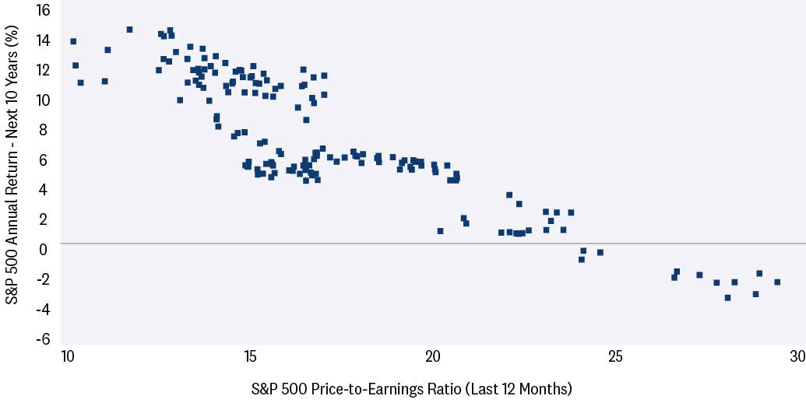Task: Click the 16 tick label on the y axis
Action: click(x=41, y=10)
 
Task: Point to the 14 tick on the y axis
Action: click(x=41, y=40)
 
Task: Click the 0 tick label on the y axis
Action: click(x=44, y=250)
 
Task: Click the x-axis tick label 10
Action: click(x=67, y=356)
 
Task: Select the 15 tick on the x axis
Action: click(x=250, y=356)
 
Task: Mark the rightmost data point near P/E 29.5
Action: click(x=776, y=282)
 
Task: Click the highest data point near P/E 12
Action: click(x=129, y=30)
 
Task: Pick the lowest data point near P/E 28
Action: click(x=727, y=297)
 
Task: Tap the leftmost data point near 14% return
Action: click(x=73, y=41)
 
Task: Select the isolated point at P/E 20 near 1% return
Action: click(x=440, y=231)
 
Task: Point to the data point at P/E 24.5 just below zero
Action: click(x=600, y=252)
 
